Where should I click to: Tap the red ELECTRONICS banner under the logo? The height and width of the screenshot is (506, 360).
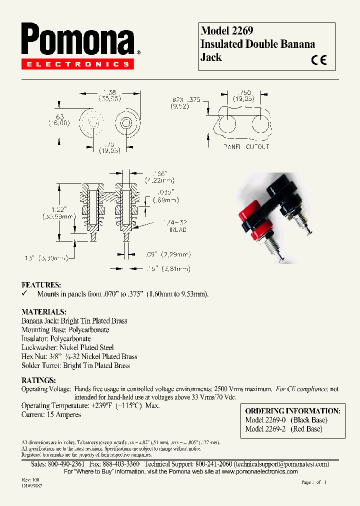coord(77,64)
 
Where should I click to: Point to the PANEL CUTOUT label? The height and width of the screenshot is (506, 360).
coord(246,147)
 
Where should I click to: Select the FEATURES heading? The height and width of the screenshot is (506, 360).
coord(41,284)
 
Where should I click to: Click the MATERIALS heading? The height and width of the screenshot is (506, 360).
coord(43,311)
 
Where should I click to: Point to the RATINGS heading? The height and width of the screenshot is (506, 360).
coord(38,379)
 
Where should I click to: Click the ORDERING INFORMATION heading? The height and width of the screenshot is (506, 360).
coord(292,410)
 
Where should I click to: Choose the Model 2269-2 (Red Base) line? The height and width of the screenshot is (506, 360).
coord(283,428)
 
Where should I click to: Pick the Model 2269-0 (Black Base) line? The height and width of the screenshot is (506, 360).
coord(286,420)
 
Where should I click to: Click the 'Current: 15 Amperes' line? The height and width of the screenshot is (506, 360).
coord(51,414)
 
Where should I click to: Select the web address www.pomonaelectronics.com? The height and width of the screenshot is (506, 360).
coord(259,471)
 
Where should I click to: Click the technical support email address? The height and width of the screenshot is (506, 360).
coord(281,464)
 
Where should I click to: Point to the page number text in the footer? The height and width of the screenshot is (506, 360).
coord(313,482)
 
